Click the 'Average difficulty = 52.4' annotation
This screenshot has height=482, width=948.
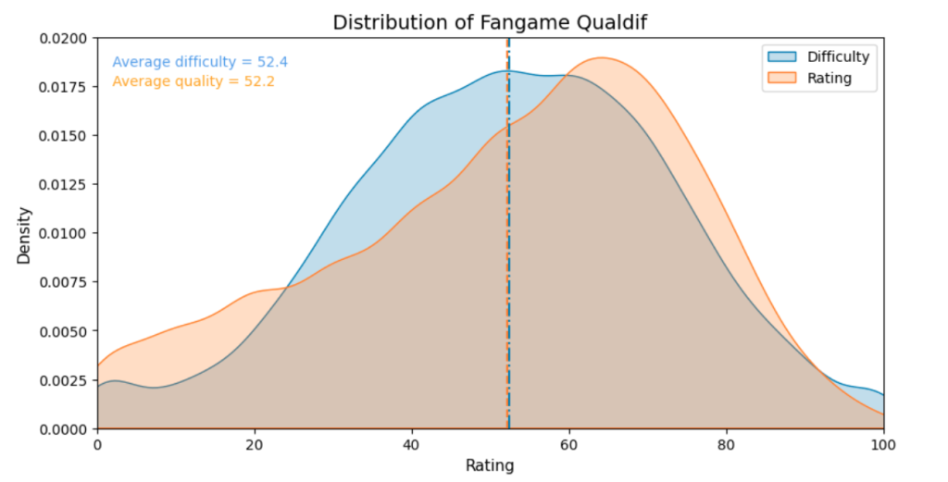pyautogui.click(x=200, y=62)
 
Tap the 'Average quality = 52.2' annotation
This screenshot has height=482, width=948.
pyautogui.click(x=193, y=81)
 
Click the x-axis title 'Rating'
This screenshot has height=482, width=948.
pyautogui.click(x=490, y=466)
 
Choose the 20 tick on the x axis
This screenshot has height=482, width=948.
pyautogui.click(x=255, y=444)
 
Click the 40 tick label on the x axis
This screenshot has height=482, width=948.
pyautogui.click(x=412, y=444)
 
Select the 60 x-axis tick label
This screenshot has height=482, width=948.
pyautogui.click(x=569, y=444)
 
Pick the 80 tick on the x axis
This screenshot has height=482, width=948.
pyautogui.click(x=727, y=444)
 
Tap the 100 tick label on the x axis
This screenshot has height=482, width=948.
pyautogui.click(x=883, y=444)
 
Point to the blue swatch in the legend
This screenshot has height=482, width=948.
pyautogui.click(x=780, y=57)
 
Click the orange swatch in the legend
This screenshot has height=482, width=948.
pyautogui.click(x=780, y=79)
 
